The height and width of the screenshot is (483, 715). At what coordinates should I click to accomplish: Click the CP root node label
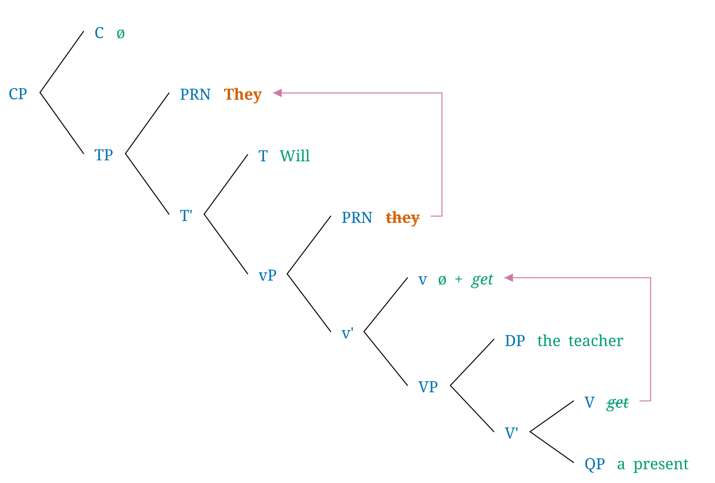(x=18, y=94)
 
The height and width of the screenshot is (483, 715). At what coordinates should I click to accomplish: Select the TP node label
(x=104, y=155)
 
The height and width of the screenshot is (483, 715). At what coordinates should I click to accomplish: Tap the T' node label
(x=186, y=216)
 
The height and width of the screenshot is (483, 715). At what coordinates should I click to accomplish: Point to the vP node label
(x=267, y=276)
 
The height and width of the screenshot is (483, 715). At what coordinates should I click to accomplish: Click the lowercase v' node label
(x=347, y=334)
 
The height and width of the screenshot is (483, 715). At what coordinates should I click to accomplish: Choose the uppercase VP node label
(x=428, y=387)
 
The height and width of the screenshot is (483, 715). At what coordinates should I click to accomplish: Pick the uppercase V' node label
(x=511, y=433)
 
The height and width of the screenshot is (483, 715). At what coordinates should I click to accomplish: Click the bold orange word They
(x=243, y=94)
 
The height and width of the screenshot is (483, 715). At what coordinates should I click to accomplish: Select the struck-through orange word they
(x=402, y=218)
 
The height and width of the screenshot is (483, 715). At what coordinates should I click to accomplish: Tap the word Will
(x=295, y=156)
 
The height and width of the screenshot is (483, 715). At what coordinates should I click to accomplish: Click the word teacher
(x=595, y=341)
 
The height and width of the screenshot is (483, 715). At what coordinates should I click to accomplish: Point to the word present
(x=660, y=464)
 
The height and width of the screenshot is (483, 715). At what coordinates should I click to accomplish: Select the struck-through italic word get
(x=617, y=403)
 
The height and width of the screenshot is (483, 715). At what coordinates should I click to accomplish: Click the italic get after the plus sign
(x=482, y=280)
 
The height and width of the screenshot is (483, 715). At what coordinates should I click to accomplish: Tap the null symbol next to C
(x=121, y=34)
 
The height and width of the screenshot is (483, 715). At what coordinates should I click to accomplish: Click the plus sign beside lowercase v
(x=458, y=279)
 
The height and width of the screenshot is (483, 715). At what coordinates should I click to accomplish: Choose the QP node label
(x=595, y=464)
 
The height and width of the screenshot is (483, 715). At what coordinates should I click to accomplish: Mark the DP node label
(x=515, y=341)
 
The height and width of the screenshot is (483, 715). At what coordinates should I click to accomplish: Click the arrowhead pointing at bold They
(x=277, y=93)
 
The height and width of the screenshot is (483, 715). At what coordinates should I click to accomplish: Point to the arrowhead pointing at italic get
(x=508, y=278)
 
